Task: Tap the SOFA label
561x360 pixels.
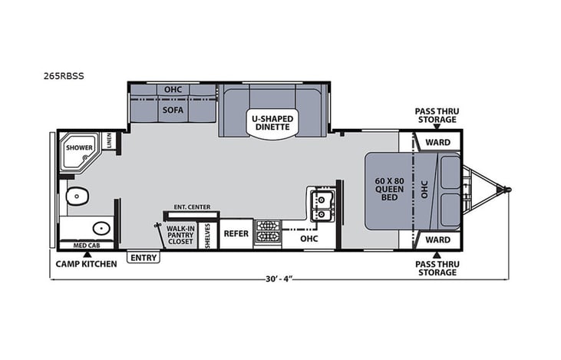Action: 170,110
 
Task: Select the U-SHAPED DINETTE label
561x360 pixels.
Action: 272,123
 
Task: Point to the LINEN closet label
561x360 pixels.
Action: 110,141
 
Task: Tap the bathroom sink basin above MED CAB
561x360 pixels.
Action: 100,228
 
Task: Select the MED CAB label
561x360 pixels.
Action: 86,246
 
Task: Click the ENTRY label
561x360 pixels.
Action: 143,258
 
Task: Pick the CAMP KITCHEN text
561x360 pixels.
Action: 86,264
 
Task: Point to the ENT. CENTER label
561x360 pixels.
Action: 192,207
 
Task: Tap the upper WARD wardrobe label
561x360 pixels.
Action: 437,142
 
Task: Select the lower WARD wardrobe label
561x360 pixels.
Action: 437,239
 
